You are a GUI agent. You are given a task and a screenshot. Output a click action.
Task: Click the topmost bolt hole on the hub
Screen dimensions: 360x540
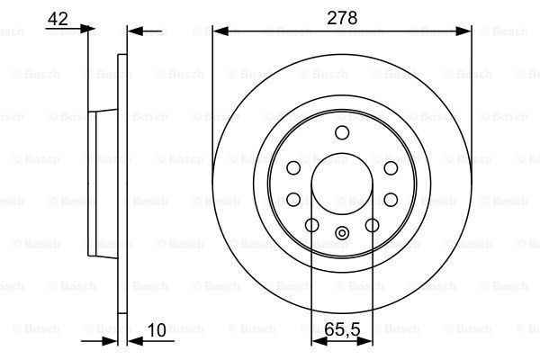pyautogui.click(x=342, y=134)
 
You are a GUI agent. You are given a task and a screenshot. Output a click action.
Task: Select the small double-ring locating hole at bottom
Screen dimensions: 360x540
pyautogui.click(x=342, y=235)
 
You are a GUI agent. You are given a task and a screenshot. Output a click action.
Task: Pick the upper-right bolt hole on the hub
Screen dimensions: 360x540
pyautogui.click(x=391, y=168)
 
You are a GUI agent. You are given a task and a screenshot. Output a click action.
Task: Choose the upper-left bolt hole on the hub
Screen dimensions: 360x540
pyautogui.click(x=293, y=168)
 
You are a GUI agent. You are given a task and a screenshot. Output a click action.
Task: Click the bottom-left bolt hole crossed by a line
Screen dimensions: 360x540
pyautogui.click(x=311, y=226)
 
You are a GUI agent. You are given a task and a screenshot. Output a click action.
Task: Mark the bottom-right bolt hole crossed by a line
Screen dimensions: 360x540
pyautogui.click(x=373, y=226)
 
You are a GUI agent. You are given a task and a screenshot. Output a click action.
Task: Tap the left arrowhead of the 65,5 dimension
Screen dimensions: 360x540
pyautogui.click(x=317, y=340)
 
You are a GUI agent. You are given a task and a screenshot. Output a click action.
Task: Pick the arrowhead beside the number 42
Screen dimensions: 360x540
pyautogui.click(x=87, y=30)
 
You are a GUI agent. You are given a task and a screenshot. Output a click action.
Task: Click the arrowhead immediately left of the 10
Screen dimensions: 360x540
pyautogui.click(x=112, y=340)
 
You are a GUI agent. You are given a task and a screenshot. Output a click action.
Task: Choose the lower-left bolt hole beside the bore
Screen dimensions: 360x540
pyautogui.click(x=293, y=200)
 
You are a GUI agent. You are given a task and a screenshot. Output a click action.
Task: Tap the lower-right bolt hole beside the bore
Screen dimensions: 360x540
pyautogui.click(x=391, y=200)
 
